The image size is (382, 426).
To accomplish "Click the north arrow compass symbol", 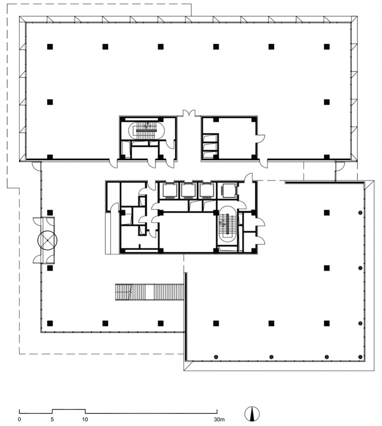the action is pos(252,414).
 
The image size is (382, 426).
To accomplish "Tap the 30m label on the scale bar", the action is pos(219,420).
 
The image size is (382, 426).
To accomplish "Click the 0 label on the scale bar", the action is pos(19,420).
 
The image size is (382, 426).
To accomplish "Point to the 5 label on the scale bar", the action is pos(52,420).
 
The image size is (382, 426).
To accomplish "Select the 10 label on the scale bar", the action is pos(85,420).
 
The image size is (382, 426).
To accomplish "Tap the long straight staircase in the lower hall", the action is pos(150,292).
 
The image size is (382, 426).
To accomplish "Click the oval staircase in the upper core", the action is pos(147,131).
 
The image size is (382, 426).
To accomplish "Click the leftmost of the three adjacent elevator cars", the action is pos(170,190).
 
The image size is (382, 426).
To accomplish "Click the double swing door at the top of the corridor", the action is pos(189,113).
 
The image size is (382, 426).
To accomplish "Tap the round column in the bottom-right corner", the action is pos(361,357).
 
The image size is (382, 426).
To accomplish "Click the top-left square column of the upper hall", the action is pos(50,47).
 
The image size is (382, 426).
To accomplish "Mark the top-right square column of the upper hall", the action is pos(327,47).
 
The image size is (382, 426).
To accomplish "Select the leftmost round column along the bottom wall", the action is pos(216,357).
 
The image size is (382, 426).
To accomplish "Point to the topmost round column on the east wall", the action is pos(361,213).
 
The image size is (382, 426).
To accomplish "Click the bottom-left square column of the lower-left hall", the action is pos(50,323).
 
